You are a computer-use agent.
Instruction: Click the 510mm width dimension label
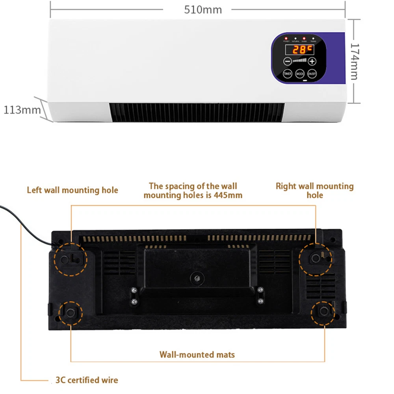click(203, 9)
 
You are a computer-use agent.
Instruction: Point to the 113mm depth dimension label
click(22, 110)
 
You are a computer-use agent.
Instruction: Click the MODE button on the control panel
click(300, 74)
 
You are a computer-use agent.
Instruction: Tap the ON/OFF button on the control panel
click(312, 74)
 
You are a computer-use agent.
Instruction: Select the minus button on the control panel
click(287, 61)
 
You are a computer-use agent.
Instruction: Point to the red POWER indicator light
click(286, 39)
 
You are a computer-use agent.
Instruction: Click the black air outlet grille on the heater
click(196, 112)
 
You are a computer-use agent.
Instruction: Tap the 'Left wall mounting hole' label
click(72, 190)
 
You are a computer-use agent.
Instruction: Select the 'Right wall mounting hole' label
click(314, 190)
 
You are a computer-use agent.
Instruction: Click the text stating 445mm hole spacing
click(193, 190)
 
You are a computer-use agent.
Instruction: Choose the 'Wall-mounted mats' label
click(197, 355)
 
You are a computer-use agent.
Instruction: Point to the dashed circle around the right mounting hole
click(315, 258)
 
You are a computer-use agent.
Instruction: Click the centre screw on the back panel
click(196, 277)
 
